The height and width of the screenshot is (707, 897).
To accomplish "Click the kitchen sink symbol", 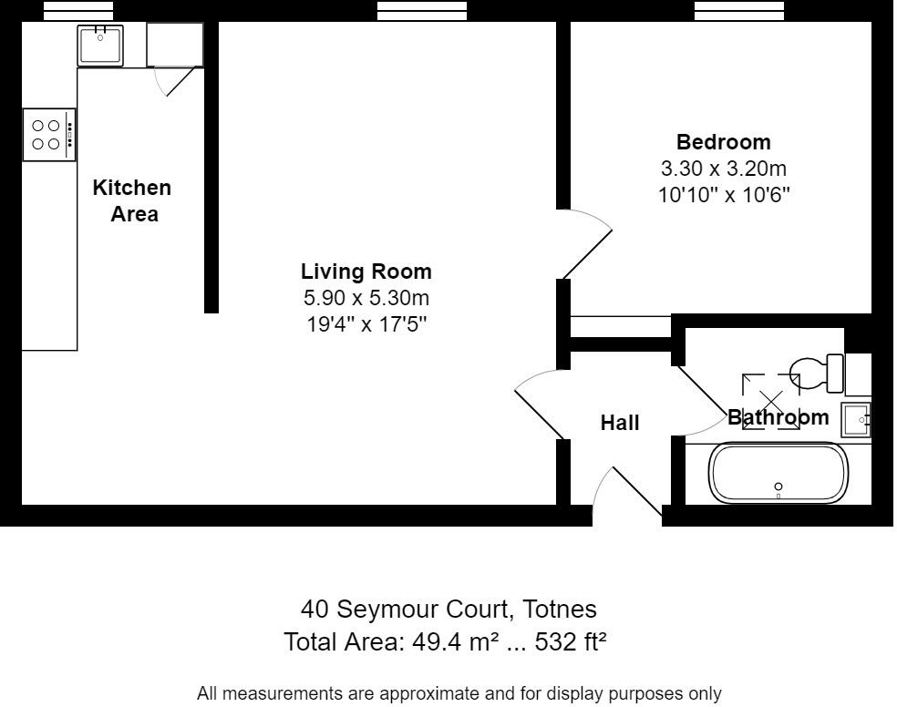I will [100, 45].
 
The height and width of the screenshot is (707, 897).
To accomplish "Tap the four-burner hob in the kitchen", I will [49, 135].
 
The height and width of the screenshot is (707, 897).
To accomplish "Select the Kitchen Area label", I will [133, 200].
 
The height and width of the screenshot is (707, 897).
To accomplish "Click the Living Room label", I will [366, 272].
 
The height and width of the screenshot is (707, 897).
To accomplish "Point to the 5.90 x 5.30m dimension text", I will [366, 298].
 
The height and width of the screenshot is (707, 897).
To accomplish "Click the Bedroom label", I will [723, 142].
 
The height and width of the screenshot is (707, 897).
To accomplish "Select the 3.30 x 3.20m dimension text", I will [723, 169].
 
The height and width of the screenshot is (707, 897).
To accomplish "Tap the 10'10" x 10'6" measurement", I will [723, 195].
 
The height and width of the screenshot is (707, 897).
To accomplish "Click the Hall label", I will [620, 423].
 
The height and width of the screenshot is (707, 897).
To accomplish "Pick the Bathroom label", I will [778, 418].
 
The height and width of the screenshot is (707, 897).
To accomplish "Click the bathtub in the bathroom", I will [778, 473].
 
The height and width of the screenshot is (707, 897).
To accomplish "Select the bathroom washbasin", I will [857, 420].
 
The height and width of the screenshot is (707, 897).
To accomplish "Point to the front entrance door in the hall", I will [629, 497].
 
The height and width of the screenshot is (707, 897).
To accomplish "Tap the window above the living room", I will [421, 10].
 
